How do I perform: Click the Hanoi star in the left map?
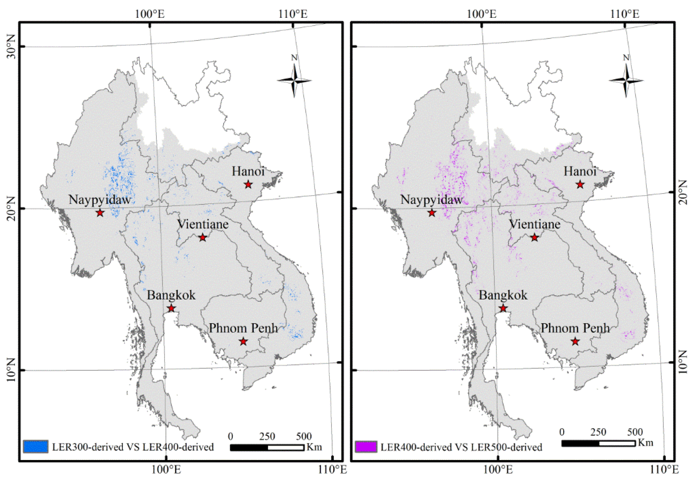pos(248,184)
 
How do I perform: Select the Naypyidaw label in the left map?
pos(100,200)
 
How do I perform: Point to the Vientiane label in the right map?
pos(535,224)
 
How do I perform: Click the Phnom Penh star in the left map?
pos(243,341)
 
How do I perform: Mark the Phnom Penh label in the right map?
pos(575,328)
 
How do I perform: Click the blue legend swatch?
pos(35,447)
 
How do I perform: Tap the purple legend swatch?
pos(366,447)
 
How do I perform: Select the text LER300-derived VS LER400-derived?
pos(133,447)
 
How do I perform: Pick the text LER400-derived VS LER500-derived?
pos(461,447)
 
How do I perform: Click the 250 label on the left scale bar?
pos(267,436)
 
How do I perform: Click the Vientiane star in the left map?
pos(203,238)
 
